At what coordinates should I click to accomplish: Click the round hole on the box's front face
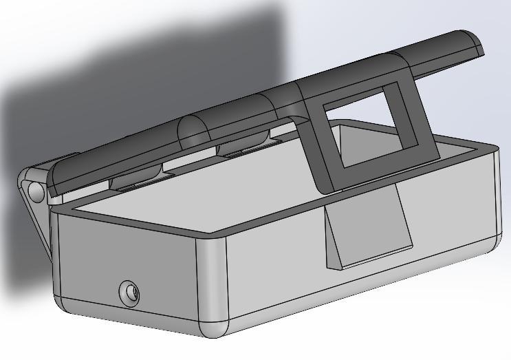click(x=129, y=294)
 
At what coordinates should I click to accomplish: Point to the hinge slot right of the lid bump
click(x=244, y=148)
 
